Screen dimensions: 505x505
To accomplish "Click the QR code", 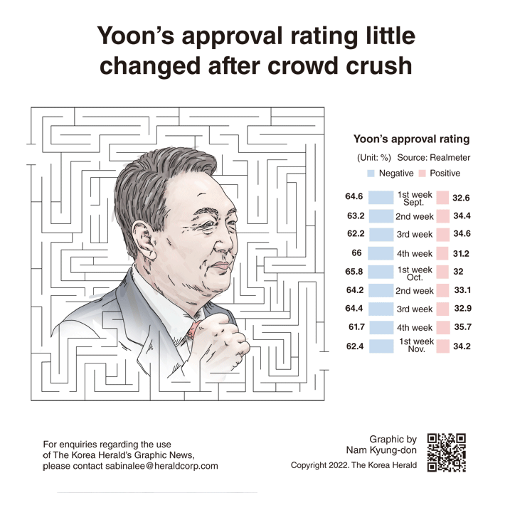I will (446, 453).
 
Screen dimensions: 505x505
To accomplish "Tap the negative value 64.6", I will (354, 198).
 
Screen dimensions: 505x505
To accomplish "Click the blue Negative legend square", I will (371, 174).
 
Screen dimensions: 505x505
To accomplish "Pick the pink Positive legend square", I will (422, 174).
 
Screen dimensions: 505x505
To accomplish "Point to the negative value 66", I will (357, 253).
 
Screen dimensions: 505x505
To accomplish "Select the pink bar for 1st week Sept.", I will (442, 198).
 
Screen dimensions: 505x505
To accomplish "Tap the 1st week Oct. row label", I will (414, 272).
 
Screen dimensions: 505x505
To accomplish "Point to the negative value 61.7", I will (354, 328).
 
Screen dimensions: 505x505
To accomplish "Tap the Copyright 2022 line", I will (354, 465).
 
